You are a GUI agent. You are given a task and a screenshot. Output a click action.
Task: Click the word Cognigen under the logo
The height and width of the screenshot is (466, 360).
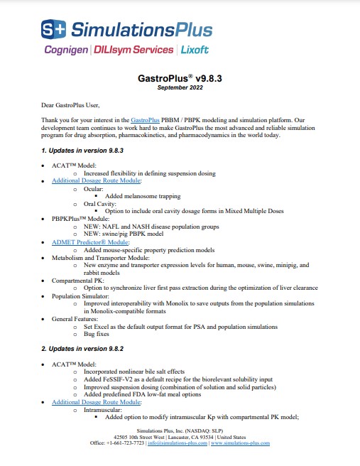[x=66, y=50]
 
